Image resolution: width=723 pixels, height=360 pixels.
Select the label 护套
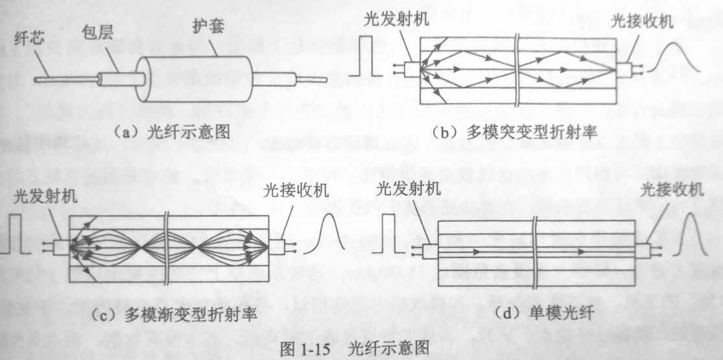(208, 27)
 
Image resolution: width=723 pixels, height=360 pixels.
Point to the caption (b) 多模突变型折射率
(515, 132)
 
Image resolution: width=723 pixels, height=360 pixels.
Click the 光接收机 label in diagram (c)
(296, 190)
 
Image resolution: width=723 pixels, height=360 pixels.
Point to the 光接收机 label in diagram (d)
(672, 189)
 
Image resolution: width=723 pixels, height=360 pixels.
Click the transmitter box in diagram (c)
(61, 247)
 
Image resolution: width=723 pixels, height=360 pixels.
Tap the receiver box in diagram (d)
(643, 250)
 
